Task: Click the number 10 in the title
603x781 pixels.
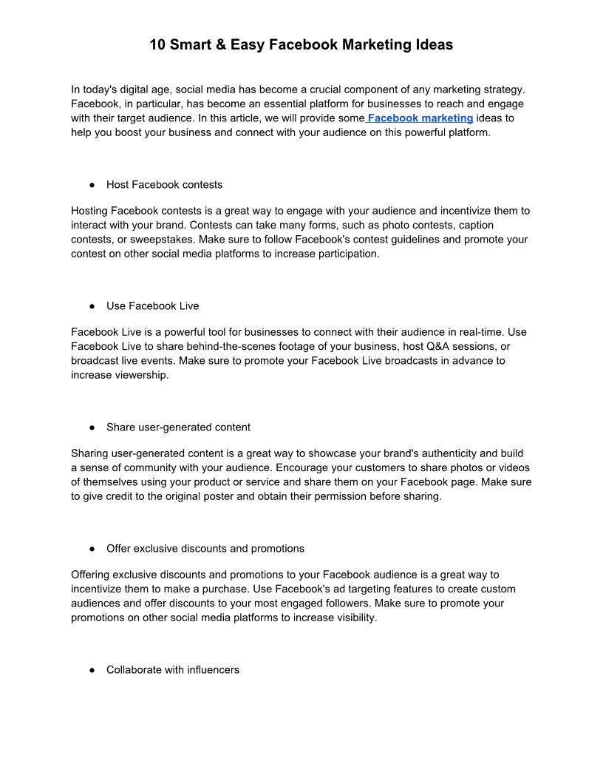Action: point(157,44)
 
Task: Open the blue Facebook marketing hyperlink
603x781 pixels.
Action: point(420,118)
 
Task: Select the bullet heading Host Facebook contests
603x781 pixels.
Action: point(164,184)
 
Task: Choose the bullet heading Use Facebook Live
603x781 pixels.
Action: point(152,305)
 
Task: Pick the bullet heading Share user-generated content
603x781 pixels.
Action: point(178,427)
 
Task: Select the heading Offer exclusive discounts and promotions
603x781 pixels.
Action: point(205,549)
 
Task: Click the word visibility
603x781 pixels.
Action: point(351,618)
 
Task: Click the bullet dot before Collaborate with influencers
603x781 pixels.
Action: point(92,670)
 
